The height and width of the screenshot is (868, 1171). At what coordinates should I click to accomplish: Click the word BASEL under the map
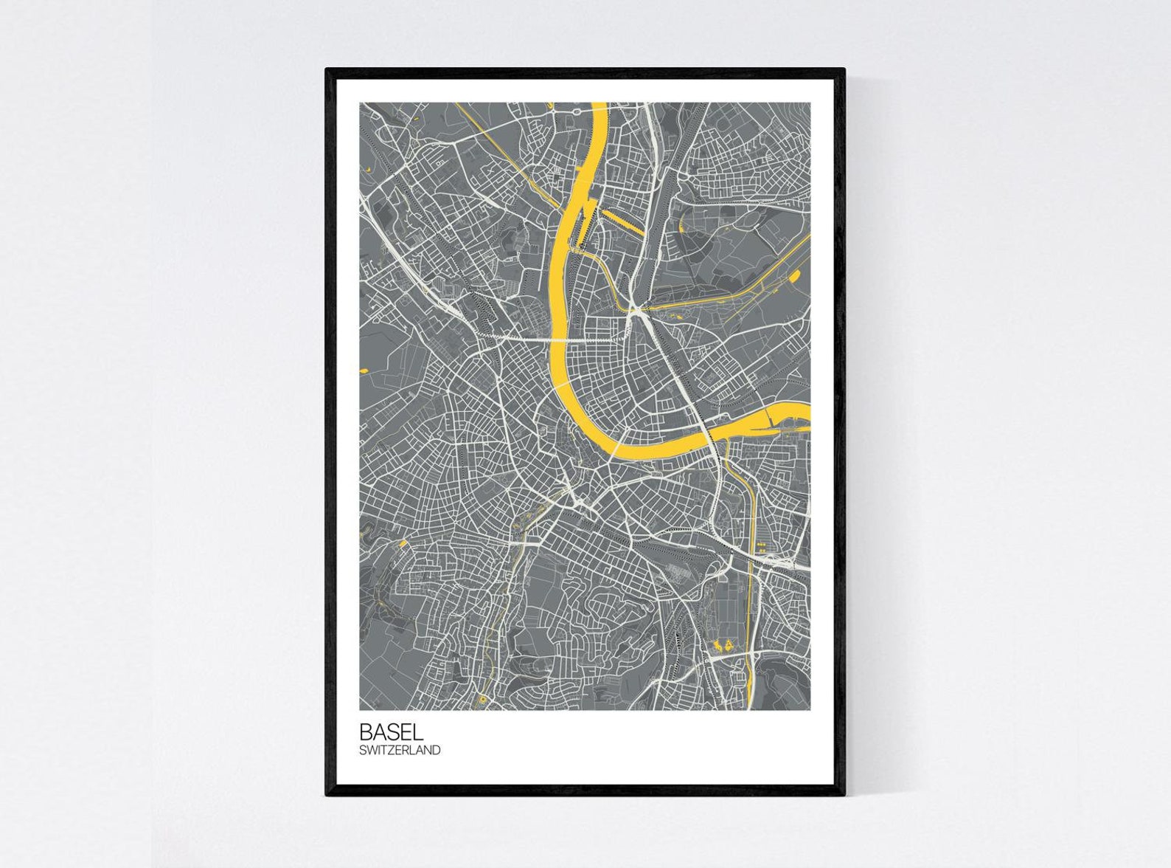[x=391, y=732]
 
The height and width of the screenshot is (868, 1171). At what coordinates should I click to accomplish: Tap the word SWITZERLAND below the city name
[x=400, y=750]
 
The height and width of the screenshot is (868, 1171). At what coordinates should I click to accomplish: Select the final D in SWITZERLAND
[x=437, y=750]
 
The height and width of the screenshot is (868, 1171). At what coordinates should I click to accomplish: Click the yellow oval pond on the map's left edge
[x=363, y=369]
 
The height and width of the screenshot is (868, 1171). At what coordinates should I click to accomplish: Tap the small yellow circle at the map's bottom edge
[x=482, y=699]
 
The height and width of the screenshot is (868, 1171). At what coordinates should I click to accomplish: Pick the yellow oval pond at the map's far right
[x=795, y=277]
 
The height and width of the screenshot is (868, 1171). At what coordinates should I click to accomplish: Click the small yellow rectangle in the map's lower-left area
[x=403, y=544]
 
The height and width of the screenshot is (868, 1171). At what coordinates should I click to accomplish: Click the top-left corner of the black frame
[x=327, y=70]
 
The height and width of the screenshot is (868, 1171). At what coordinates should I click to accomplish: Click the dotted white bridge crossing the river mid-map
[x=560, y=339]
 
